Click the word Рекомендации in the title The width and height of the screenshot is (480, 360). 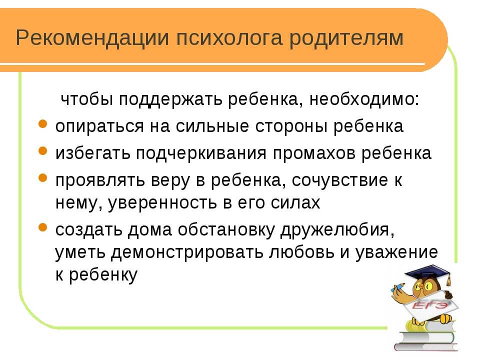coord(92,38)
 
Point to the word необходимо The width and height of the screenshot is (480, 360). coord(364,99)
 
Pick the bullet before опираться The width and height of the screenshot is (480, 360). coord(43,124)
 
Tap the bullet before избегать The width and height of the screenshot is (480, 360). coord(43,150)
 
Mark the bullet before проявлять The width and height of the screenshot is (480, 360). coord(43,177)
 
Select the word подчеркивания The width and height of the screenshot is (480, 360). coord(201,153)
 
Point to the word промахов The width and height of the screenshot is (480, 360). coord(314,153)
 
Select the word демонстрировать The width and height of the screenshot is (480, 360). coord(187,253)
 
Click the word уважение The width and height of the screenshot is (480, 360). coord(396,253)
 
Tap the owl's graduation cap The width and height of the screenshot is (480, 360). coord(428,272)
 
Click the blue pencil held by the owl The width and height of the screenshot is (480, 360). coord(397,287)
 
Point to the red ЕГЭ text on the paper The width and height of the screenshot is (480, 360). coord(428,305)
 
